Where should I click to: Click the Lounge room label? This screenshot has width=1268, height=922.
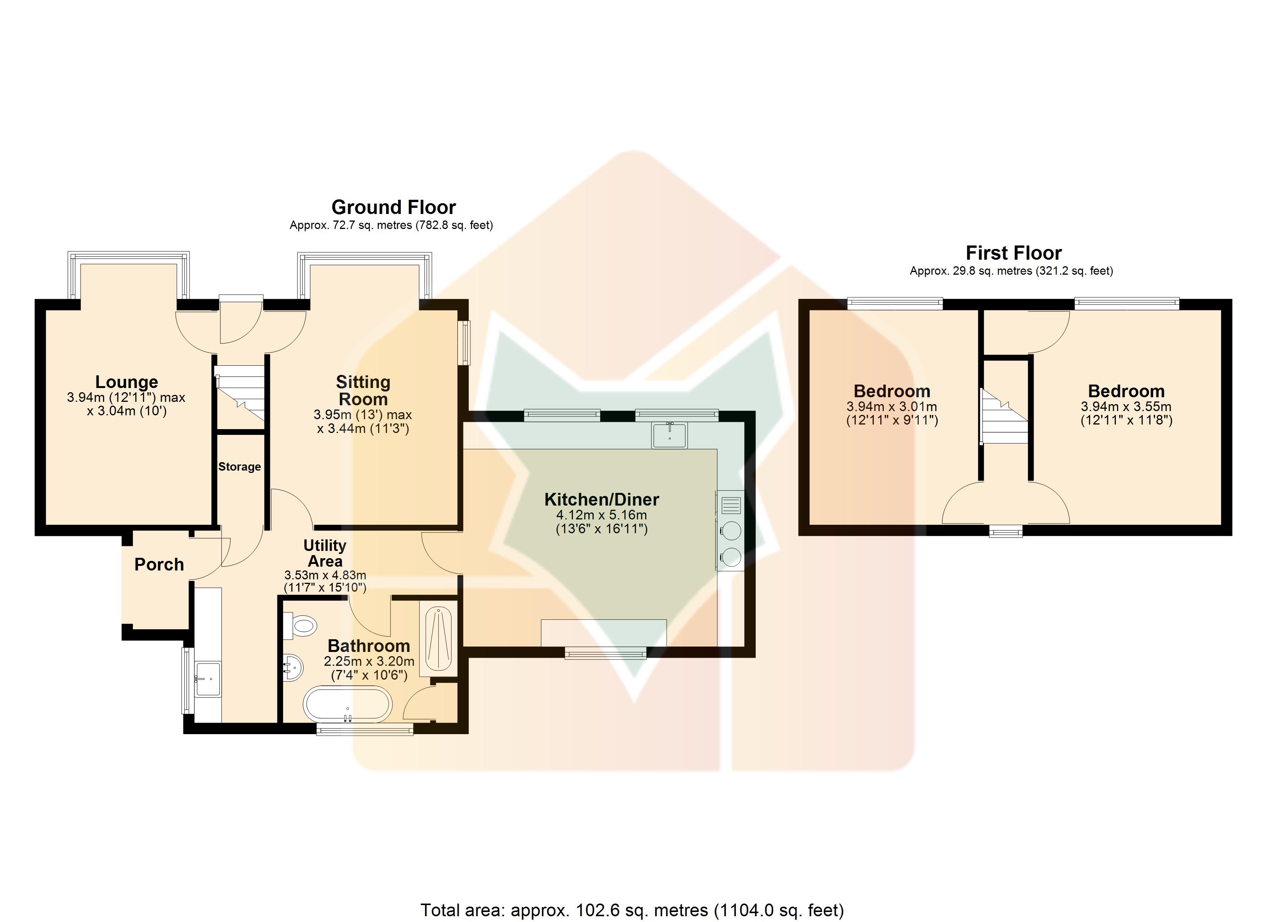pyautogui.click(x=126, y=382)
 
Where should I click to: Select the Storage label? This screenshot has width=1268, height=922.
pyautogui.click(x=239, y=467)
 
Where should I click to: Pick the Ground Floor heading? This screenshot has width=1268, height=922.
pyautogui.click(x=393, y=207)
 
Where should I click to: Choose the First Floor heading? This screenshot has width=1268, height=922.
pyautogui.click(x=1014, y=253)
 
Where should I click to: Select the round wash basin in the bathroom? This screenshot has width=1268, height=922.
pyautogui.click(x=294, y=667)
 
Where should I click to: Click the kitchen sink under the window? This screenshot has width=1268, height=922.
pyautogui.click(x=669, y=435)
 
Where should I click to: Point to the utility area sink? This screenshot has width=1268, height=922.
pyautogui.click(x=207, y=679)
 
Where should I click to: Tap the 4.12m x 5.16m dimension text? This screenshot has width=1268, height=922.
pyautogui.click(x=602, y=515)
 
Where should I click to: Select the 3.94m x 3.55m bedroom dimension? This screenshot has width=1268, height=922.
pyautogui.click(x=1126, y=406)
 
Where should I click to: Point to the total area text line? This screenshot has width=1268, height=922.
pyautogui.click(x=632, y=910)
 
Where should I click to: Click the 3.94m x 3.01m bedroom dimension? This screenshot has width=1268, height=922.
pyautogui.click(x=892, y=406)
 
